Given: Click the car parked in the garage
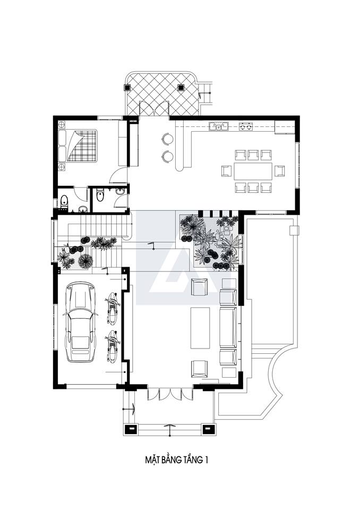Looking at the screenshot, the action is coord(80,322).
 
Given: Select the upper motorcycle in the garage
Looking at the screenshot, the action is coord(112,308).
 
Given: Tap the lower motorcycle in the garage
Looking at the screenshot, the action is coord(112,346).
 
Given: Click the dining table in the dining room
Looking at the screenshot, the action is coord(253,171).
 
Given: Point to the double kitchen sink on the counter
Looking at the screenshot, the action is coord(219,126).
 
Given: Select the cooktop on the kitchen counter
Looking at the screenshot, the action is coord(246,126).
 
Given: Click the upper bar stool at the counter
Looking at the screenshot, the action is coord(167,139).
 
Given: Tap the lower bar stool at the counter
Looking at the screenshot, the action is coord(167,156).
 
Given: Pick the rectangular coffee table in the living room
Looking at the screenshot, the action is coord(200,328).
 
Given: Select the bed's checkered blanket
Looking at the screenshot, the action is coord(82,146).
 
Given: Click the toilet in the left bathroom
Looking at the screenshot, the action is coord(64,202).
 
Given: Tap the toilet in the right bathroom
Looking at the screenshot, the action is coord(100,194).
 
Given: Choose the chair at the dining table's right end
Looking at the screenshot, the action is coord(280,171).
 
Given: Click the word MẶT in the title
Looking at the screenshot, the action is coord(151,460).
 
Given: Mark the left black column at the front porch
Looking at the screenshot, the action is coord(130,429).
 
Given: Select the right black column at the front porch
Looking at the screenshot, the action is coord(208,429).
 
